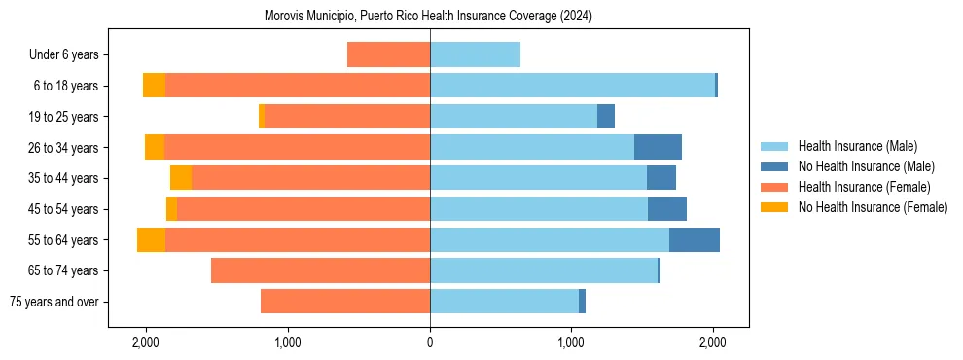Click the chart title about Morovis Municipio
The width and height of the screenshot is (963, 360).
[428, 17]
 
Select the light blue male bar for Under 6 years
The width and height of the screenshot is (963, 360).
[475, 54]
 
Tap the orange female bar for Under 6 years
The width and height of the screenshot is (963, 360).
[388, 54]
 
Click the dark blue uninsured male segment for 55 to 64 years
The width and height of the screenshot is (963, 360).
[695, 239]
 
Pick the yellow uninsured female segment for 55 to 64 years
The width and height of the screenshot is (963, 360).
[151, 239]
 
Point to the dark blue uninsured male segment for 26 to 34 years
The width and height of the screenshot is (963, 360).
[658, 147]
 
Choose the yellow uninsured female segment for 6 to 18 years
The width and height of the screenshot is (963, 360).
[154, 86]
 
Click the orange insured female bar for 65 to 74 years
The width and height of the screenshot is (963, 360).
[320, 270]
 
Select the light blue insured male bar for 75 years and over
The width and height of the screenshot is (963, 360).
[504, 302]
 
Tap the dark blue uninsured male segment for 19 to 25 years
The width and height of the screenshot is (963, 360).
[606, 117]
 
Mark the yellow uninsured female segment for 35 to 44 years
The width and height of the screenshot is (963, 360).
[181, 178]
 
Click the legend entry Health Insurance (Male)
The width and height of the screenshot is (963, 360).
[856, 146]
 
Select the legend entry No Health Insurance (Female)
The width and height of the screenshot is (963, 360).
[872, 207]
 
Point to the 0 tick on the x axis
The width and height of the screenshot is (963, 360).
[430, 342]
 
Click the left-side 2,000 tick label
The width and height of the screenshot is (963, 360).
[146, 342]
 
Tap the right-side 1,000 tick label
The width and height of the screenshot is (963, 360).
[571, 342]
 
